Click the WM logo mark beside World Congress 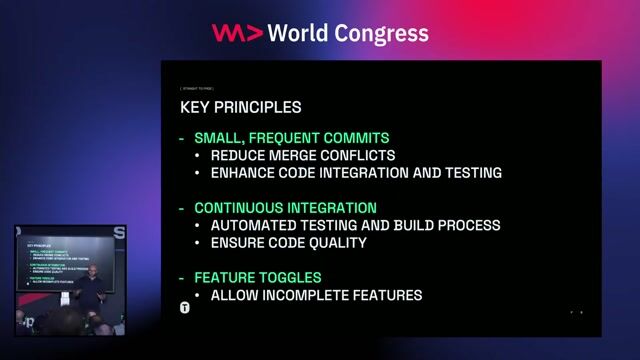pyautogui.click(x=237, y=33)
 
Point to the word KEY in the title pyautogui.click(x=195, y=106)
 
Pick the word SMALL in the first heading pyautogui.click(x=218, y=138)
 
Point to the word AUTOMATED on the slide pyautogui.click(x=254, y=225)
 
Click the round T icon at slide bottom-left pyautogui.click(x=185, y=306)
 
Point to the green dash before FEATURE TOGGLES pyautogui.click(x=181, y=277)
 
